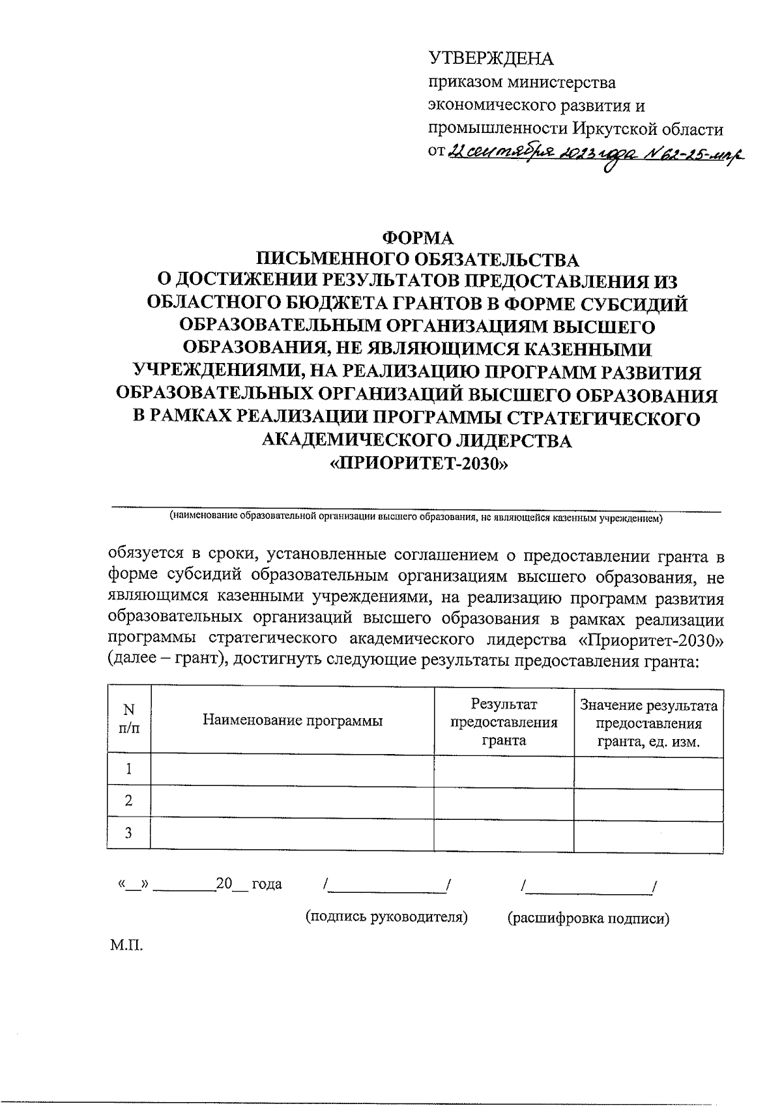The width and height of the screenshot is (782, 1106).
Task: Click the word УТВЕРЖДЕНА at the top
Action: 490,59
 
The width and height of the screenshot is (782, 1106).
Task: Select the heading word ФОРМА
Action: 417,238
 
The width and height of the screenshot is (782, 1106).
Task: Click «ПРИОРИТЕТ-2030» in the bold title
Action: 417,464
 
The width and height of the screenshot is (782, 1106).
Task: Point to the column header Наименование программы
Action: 293,720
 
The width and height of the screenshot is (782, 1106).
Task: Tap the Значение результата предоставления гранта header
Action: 648,723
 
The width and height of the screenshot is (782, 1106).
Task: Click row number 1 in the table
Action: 129,770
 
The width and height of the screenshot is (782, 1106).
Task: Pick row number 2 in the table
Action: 129,801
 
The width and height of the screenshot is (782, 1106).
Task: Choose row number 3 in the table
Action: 129,833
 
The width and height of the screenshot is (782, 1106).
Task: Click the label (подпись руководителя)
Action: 387,917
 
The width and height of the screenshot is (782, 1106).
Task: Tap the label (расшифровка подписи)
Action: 588,919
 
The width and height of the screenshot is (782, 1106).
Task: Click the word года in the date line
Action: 267,884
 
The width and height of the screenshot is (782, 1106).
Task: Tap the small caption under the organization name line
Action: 416,518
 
